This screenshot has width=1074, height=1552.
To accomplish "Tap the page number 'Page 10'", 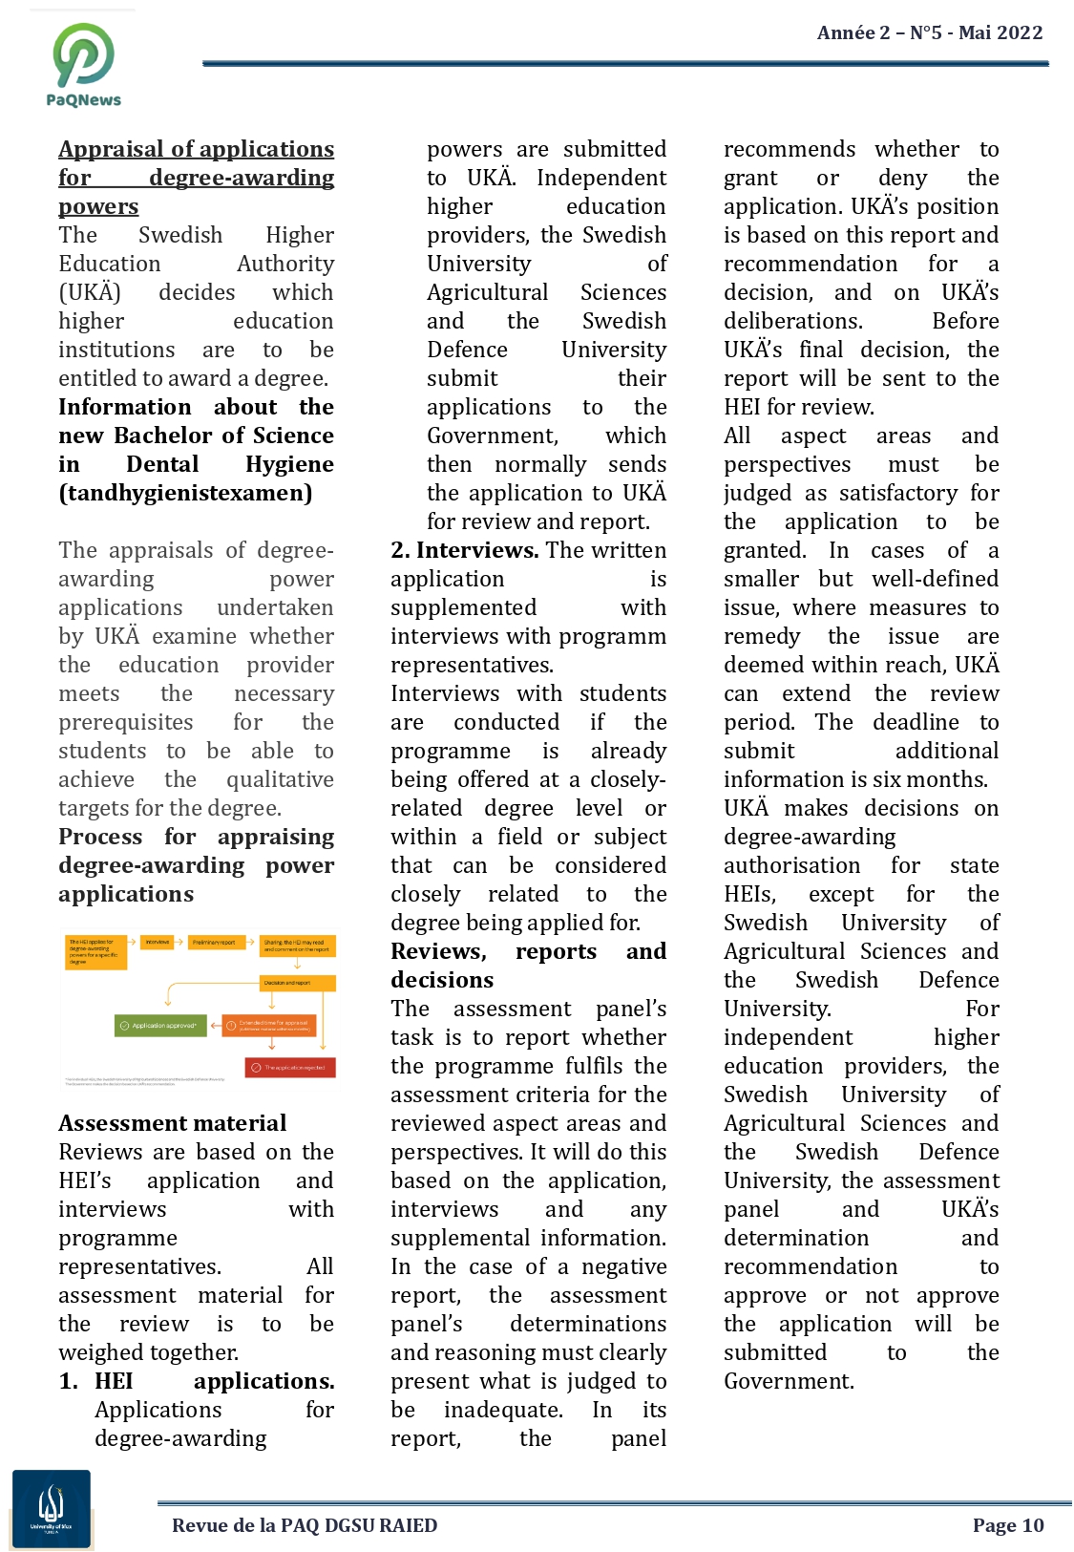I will pyautogui.click(x=1008, y=1525).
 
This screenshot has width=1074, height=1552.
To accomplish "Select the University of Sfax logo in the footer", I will pyautogui.click(x=52, y=1509).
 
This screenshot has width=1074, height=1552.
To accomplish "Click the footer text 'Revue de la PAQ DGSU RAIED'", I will pyautogui.click(x=305, y=1525).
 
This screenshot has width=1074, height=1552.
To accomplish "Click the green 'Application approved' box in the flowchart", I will pyautogui.click(x=160, y=1026).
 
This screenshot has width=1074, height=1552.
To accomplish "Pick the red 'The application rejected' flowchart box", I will pyautogui.click(x=290, y=1068).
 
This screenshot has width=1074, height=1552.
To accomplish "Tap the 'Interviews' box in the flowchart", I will pyautogui.click(x=158, y=943).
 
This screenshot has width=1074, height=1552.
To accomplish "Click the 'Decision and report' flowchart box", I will pyautogui.click(x=298, y=983).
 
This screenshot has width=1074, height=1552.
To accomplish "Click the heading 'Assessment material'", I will pyautogui.click(x=173, y=1123).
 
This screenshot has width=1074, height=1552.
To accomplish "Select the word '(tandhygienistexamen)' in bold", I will pyautogui.click(x=185, y=493).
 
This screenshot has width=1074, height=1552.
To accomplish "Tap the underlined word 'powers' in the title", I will pyautogui.click(x=98, y=206).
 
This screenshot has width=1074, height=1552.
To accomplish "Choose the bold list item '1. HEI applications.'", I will pyautogui.click(x=197, y=1381).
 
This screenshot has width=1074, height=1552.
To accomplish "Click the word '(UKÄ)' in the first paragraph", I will pyautogui.click(x=90, y=292).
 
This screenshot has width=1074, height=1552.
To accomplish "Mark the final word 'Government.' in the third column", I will pyautogui.click(x=789, y=1381).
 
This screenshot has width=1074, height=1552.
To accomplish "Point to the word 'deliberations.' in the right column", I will pyautogui.click(x=792, y=321).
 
